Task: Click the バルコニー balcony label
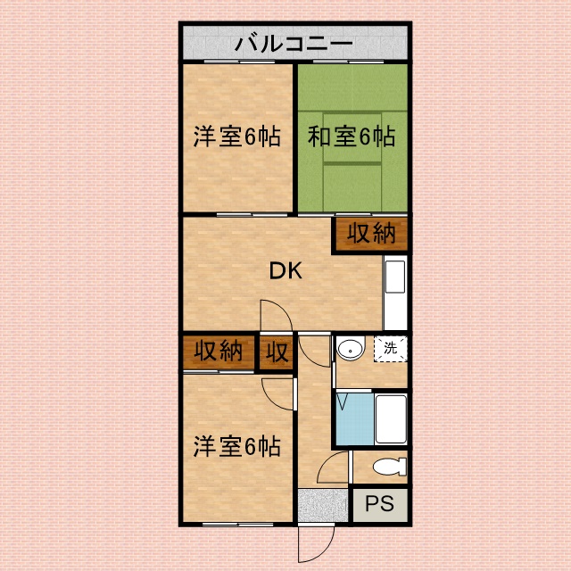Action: tap(294, 44)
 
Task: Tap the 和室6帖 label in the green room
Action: tap(352, 137)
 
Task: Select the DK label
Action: tap(285, 270)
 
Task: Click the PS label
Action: tap(379, 503)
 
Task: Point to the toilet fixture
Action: tap(390, 467)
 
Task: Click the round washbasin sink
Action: tap(351, 349)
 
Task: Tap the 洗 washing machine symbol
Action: tap(390, 349)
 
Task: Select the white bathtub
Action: tap(391, 419)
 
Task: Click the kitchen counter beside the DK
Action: tap(395, 293)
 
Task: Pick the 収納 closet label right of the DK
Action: tap(371, 233)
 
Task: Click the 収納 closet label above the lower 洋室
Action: tap(218, 351)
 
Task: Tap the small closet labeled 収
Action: tap(277, 352)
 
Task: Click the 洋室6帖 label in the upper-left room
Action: tap(236, 137)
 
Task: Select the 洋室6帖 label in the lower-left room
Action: tap(236, 446)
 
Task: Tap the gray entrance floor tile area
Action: tap(323, 506)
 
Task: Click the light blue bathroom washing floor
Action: tap(355, 419)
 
